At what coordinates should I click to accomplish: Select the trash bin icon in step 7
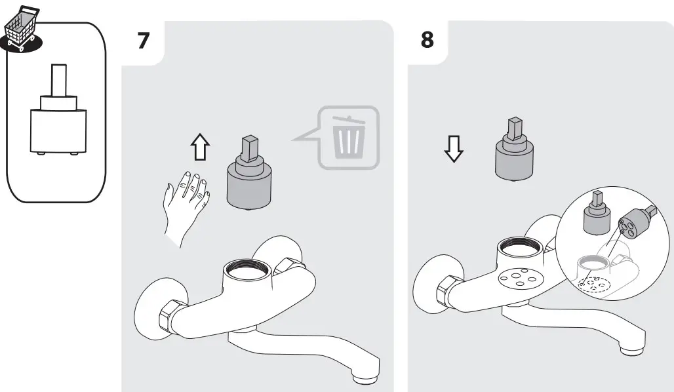[347, 137]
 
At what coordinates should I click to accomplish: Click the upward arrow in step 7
[200, 148]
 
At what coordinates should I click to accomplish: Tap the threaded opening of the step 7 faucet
[245, 269]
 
